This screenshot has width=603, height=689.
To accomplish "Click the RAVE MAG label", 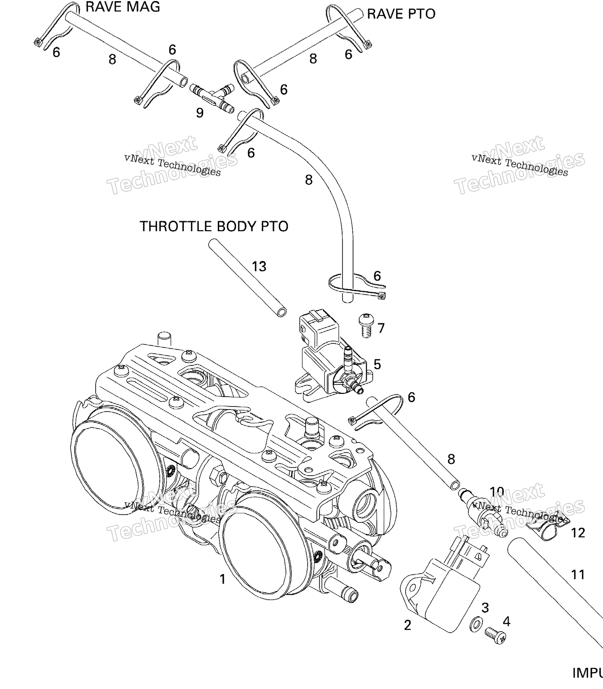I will [x=123, y=7].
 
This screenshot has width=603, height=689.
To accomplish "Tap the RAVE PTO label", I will [x=401, y=14].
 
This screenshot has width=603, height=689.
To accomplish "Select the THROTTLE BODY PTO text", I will [x=214, y=226].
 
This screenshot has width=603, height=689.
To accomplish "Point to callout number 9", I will [x=200, y=113].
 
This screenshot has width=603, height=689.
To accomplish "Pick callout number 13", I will [x=259, y=266].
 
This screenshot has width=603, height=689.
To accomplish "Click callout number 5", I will [x=377, y=364].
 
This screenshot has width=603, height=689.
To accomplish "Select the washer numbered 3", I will [x=476, y=625].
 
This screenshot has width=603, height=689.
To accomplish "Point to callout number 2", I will [x=407, y=625].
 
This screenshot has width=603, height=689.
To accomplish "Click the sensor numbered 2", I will [x=441, y=592].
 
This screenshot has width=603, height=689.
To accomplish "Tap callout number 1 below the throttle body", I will [x=222, y=579].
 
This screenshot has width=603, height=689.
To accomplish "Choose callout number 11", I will [x=578, y=575].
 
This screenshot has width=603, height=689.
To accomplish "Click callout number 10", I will [x=497, y=492].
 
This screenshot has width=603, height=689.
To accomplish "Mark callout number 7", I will [x=381, y=328].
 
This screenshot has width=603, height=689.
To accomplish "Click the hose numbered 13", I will [x=247, y=278].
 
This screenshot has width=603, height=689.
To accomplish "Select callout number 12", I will [x=578, y=533].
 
